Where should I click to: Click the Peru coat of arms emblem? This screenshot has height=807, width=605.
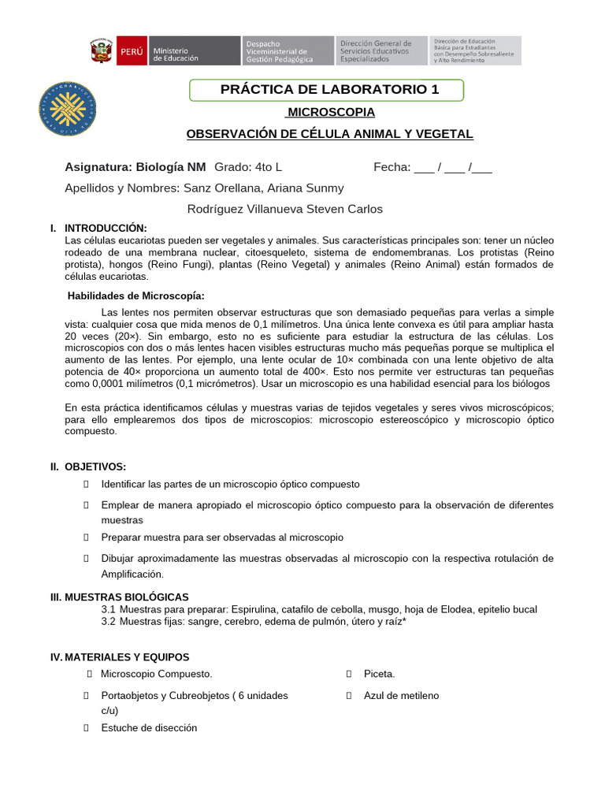pos(101,51)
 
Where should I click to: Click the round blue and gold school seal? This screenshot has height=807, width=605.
pos(68,108)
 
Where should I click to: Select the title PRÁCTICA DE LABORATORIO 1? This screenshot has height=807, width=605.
pos(329,90)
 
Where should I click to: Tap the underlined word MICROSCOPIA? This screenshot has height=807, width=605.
pos(330,113)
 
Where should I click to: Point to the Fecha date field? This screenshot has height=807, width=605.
pos(432,167)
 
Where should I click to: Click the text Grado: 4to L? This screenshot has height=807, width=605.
pos(248,167)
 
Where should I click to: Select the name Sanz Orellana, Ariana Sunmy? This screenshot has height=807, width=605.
pos(263,188)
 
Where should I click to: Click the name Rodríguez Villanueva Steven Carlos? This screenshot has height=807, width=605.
pos(285,209)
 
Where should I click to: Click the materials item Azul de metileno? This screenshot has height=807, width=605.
pos(401,696)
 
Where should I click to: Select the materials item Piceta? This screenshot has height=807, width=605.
pos(379,675)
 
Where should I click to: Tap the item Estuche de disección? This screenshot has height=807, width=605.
pos(149,728)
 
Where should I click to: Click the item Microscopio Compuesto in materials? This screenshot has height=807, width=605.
pos(156,675)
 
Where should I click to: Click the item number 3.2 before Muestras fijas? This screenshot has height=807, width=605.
pos(109,622)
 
